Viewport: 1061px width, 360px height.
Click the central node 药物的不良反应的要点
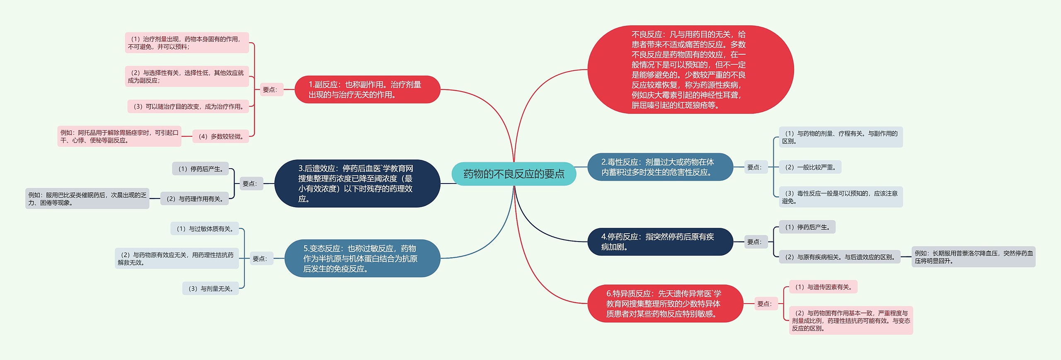tap(514, 174)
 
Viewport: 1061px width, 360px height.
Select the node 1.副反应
tap(367, 89)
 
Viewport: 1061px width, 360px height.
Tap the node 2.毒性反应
tap(660, 167)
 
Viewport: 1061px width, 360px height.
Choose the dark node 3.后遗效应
tap(357, 184)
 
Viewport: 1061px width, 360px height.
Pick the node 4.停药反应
tap(660, 242)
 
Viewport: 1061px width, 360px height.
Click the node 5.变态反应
tap(362, 259)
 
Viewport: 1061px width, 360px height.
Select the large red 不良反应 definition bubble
tap(690, 70)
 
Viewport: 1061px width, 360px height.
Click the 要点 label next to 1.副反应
tap(270, 89)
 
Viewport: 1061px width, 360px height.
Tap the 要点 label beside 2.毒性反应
tap(754, 167)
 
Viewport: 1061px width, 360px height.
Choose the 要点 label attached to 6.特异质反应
tap(765, 304)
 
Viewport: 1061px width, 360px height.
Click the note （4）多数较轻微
tap(220, 136)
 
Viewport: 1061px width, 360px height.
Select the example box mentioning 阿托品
tap(119, 136)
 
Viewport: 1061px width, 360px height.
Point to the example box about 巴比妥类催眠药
tap(87, 199)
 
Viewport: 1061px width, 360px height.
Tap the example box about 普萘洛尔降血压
tap(973, 257)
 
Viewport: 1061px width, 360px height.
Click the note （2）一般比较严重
tap(810, 167)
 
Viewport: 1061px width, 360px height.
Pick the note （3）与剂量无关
tap(211, 288)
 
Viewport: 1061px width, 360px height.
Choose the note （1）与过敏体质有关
tap(204, 229)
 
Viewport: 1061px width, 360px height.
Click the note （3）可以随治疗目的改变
tap(189, 106)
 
